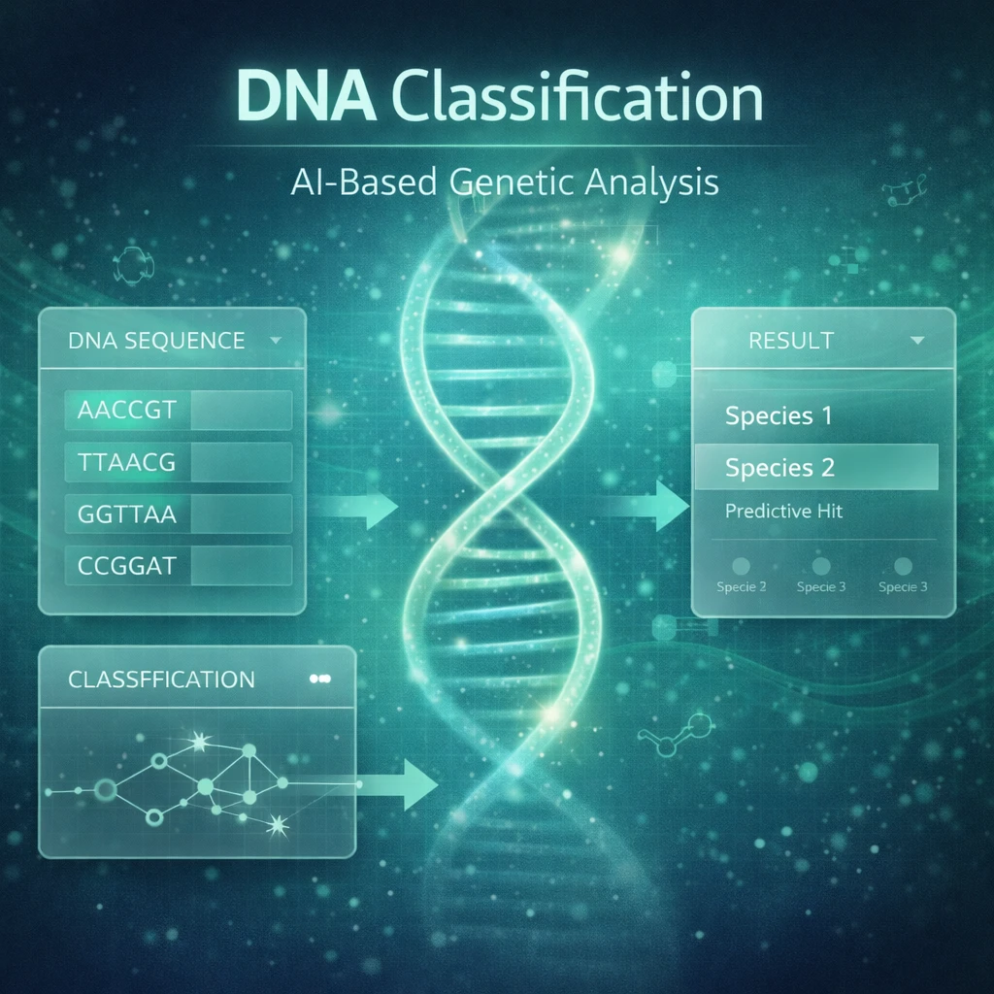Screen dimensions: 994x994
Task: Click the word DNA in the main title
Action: [306, 97]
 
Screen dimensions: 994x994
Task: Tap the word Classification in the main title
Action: [578, 97]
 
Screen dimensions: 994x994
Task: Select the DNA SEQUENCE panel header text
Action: [156, 341]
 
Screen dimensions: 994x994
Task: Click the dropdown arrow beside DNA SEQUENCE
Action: [275, 341]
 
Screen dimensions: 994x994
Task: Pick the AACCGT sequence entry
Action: [127, 411]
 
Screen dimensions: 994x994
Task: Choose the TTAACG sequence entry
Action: [126, 462]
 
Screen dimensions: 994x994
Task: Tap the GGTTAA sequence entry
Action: [127, 514]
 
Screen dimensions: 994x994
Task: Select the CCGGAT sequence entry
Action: [127, 566]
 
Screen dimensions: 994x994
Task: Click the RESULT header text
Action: [790, 341]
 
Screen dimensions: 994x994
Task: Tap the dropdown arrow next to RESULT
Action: [916, 341]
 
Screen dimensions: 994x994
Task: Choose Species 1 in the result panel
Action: [779, 415]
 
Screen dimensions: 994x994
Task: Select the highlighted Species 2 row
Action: [816, 467]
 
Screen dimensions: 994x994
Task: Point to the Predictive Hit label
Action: [783, 511]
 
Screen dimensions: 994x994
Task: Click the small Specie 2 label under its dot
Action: [741, 587]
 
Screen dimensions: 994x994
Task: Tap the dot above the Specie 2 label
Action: [741, 566]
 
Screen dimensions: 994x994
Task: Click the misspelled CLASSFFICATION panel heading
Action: [161, 679]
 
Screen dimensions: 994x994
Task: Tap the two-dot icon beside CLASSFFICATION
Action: [320, 679]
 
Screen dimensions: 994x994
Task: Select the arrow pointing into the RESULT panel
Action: [644, 505]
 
